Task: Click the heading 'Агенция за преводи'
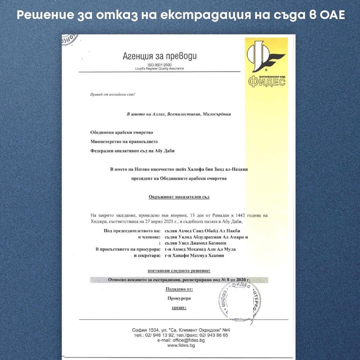click(160, 56)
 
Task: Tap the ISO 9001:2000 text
click(160, 65)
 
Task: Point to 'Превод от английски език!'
click(113, 94)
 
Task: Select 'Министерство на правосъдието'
click(124, 142)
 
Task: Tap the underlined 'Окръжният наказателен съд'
click(179, 197)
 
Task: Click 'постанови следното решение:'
click(179, 271)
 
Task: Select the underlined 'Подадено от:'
click(179, 289)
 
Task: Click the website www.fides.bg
click(181, 346)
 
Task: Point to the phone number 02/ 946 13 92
click(158, 335)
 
